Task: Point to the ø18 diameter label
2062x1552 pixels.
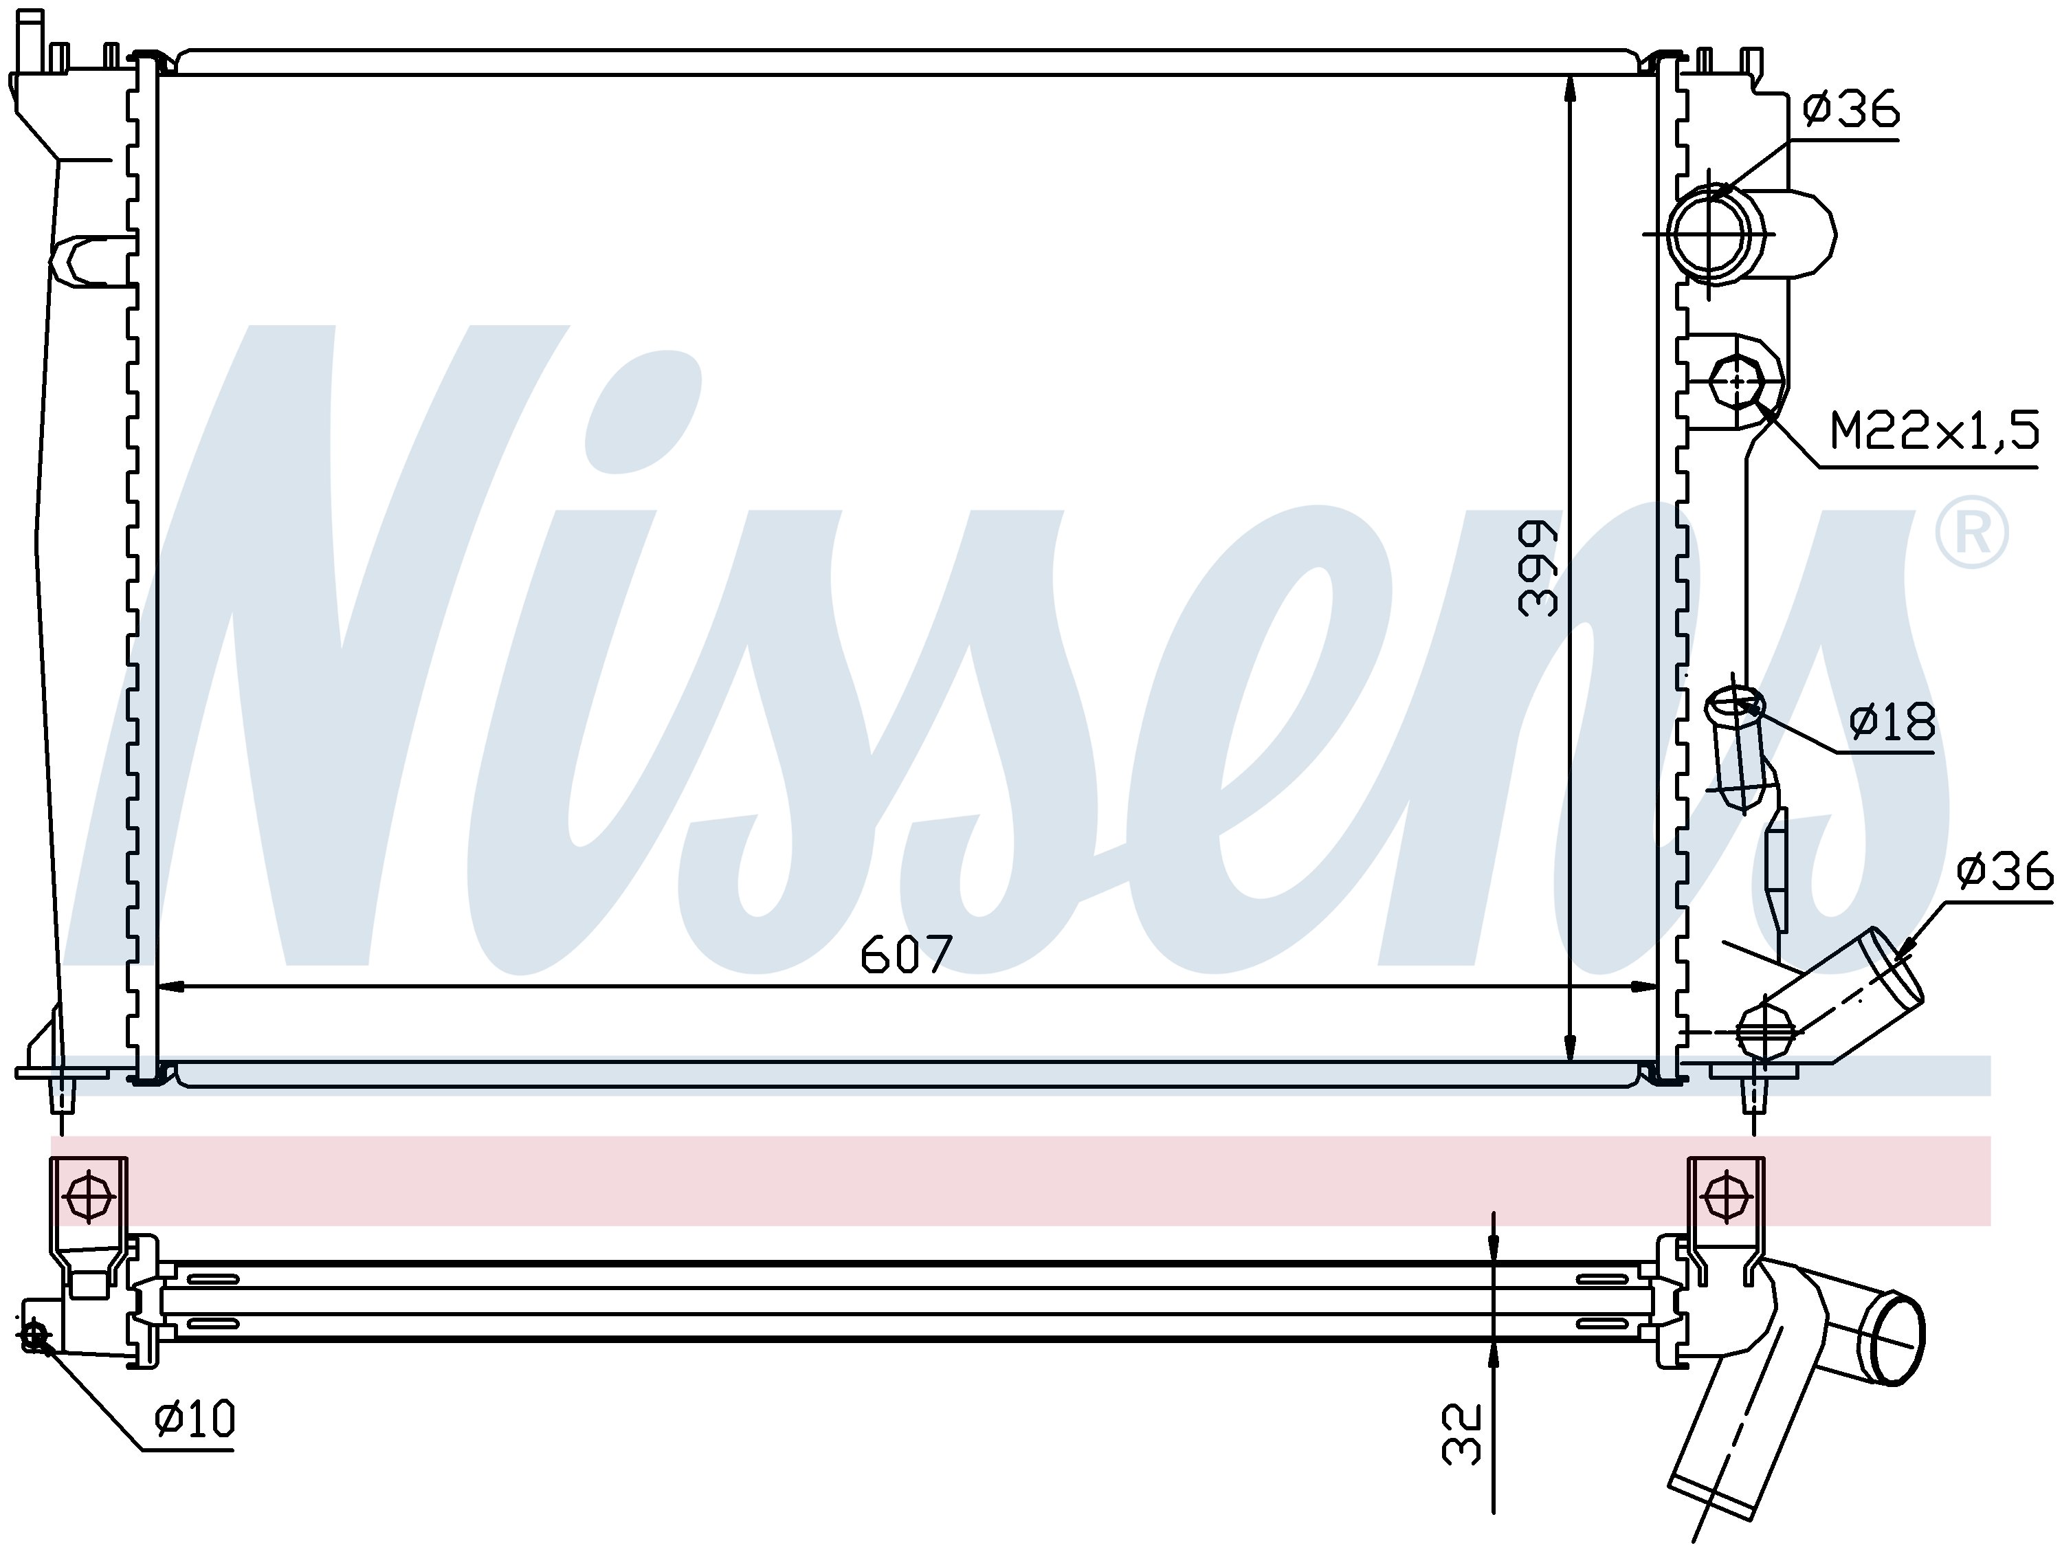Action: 1892,722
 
